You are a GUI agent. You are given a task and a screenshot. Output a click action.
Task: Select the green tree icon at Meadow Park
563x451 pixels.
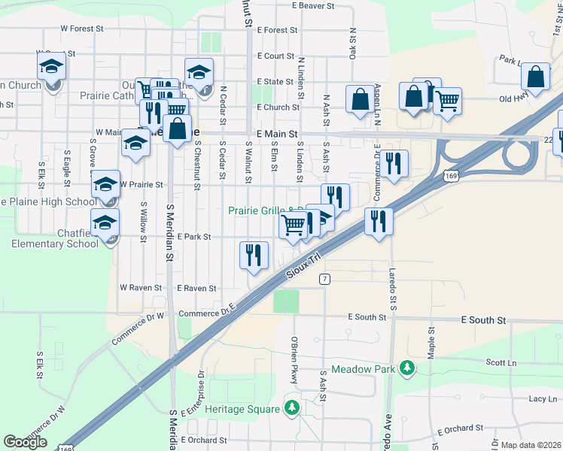tap(407, 368)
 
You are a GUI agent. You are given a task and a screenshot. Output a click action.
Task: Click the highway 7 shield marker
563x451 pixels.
tap(324, 279)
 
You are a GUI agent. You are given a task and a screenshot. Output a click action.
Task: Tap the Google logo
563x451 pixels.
tap(25, 442)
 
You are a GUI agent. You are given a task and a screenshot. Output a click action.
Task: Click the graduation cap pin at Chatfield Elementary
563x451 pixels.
tap(105, 222)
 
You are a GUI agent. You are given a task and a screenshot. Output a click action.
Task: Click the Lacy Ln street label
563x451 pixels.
tap(542, 399)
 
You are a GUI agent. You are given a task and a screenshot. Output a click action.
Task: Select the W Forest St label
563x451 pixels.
tap(81, 29)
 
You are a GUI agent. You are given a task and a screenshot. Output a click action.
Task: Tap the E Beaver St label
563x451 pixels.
tap(306, 6)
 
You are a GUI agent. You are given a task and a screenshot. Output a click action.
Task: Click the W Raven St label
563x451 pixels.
tap(141, 288)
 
